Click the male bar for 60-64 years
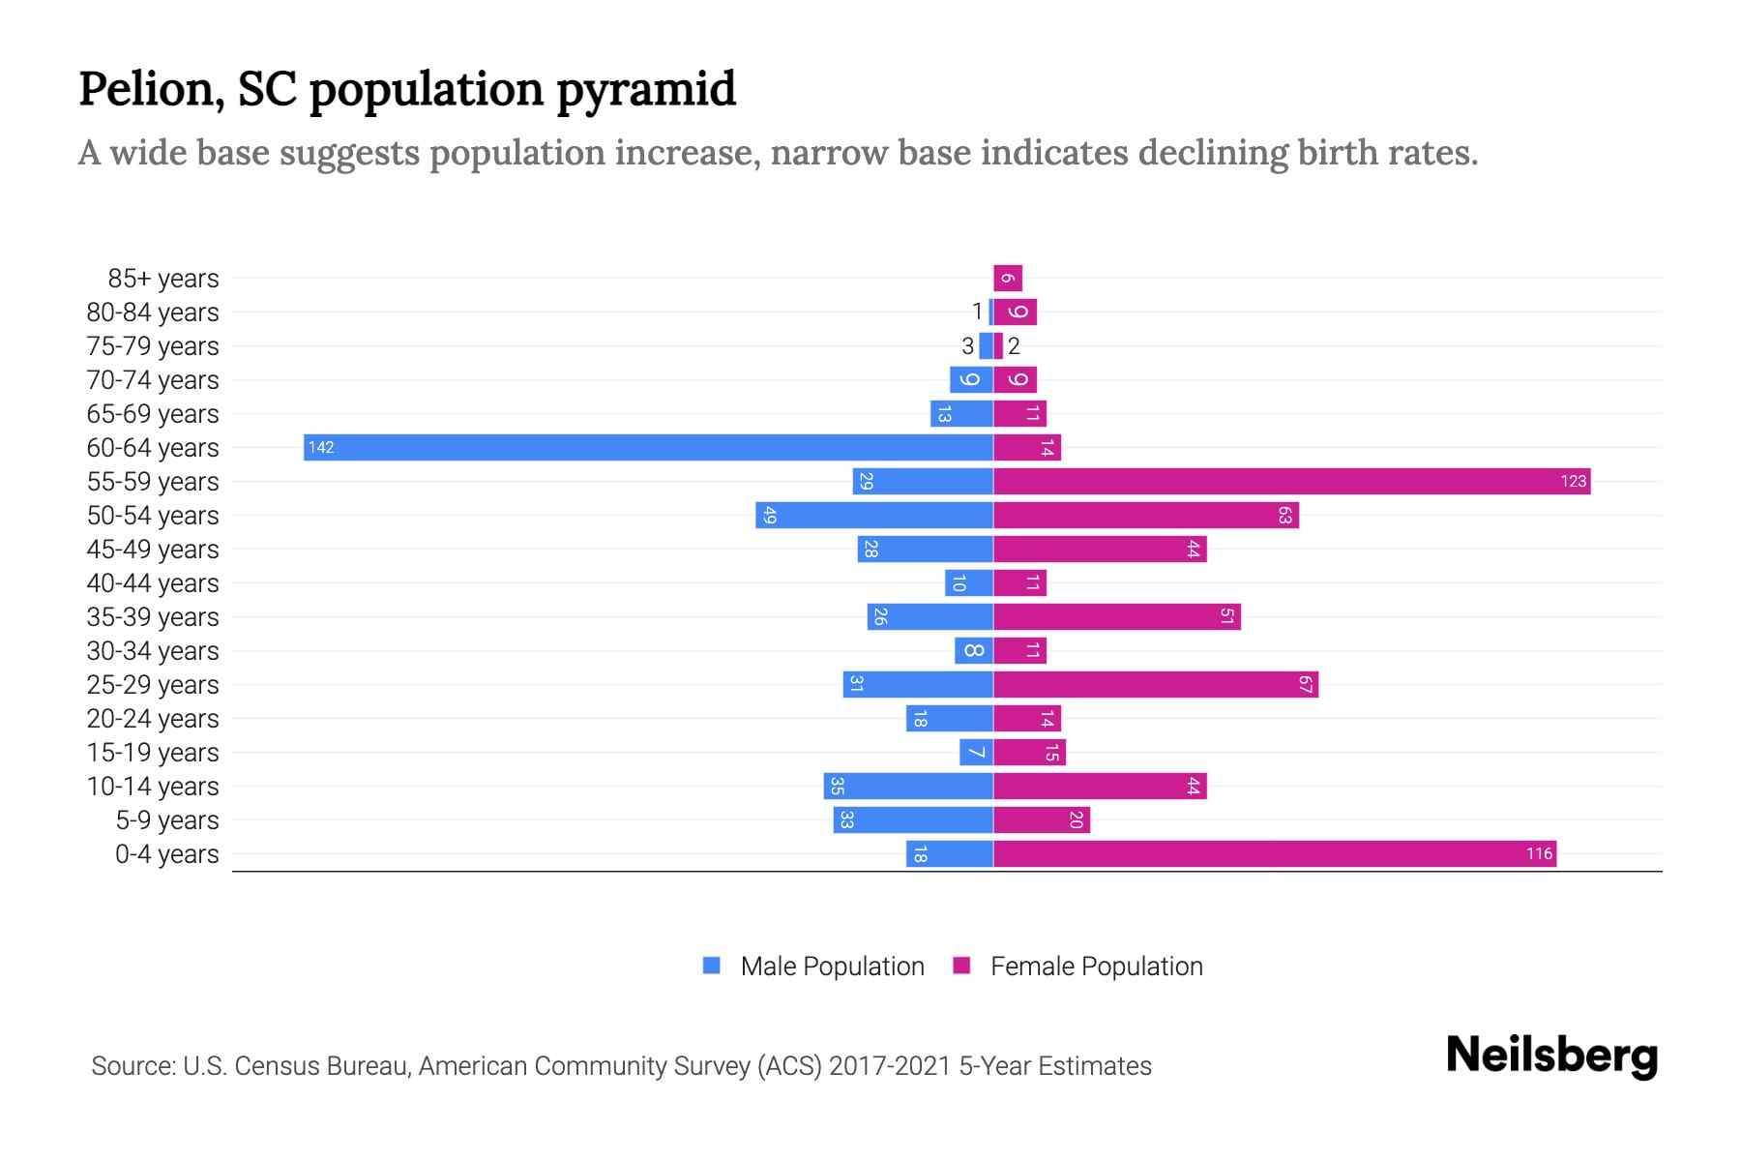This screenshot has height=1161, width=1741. pyautogui.click(x=648, y=447)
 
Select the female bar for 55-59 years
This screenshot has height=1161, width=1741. pyautogui.click(x=1291, y=481)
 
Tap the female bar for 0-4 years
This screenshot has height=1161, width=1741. pyautogui.click(x=1274, y=853)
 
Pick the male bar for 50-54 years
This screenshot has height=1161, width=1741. pyautogui.click(x=874, y=515)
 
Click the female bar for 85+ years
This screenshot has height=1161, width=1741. pyautogui.click(x=1008, y=278)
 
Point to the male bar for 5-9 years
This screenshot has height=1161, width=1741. pyautogui.click(x=913, y=819)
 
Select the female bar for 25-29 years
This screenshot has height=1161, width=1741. pyautogui.click(x=1156, y=684)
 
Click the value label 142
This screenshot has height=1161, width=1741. pyautogui.click(x=321, y=447)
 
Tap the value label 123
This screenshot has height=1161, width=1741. pyautogui.click(x=1573, y=481)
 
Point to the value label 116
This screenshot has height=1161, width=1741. pyautogui.click(x=1539, y=853)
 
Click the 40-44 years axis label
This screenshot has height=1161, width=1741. pyautogui.click(x=153, y=582)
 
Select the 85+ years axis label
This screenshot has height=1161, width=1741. pyautogui.click(x=163, y=278)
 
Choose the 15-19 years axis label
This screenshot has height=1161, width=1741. pyautogui.click(x=153, y=752)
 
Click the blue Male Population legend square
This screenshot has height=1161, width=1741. pyautogui.click(x=712, y=966)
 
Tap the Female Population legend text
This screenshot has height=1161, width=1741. pyautogui.click(x=1096, y=966)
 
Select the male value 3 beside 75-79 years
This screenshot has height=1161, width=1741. pyautogui.click(x=967, y=345)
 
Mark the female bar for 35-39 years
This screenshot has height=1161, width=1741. pyautogui.click(x=1117, y=616)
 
